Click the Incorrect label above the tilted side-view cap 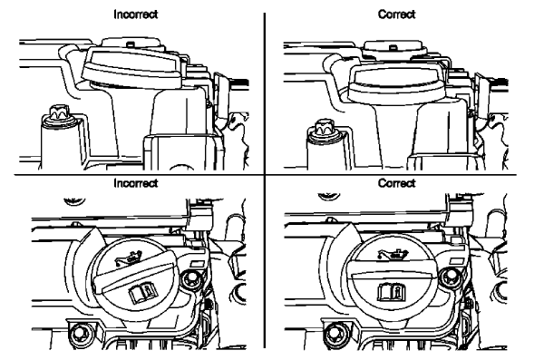[x=131, y=15]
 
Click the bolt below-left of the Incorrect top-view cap [x=78, y=330]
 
